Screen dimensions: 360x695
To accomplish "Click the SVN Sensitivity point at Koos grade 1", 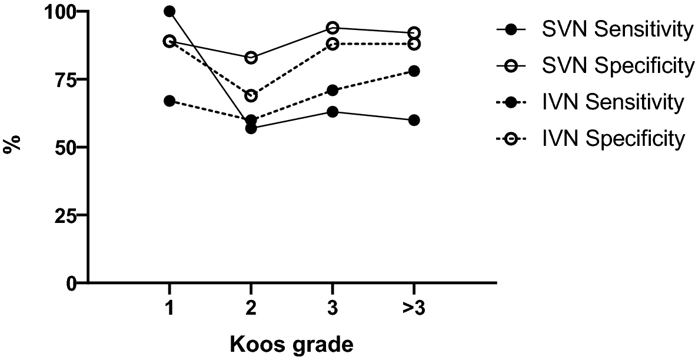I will pyautogui.click(x=169, y=11).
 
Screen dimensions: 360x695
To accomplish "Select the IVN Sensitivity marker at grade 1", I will pyautogui.click(x=169, y=101).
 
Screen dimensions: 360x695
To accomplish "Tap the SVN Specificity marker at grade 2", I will pyautogui.click(x=251, y=58).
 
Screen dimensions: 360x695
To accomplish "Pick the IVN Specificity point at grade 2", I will pyautogui.click(x=251, y=96).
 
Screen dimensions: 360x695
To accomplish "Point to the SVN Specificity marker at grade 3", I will pyautogui.click(x=332, y=28).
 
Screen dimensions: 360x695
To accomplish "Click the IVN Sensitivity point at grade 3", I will pyautogui.click(x=332, y=90).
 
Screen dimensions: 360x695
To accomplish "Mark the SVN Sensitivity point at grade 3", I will pyautogui.click(x=332, y=112).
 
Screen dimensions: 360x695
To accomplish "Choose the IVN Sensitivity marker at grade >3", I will pyautogui.click(x=414, y=71).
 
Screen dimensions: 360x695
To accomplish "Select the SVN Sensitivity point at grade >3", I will pyautogui.click(x=414, y=120).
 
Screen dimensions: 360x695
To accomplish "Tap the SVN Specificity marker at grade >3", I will pyautogui.click(x=414, y=33).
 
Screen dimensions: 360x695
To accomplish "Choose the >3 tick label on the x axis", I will pyautogui.click(x=414, y=308).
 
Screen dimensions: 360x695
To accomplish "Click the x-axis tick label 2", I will pyautogui.click(x=251, y=308).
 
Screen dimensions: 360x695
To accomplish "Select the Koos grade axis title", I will pyautogui.click(x=292, y=344).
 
